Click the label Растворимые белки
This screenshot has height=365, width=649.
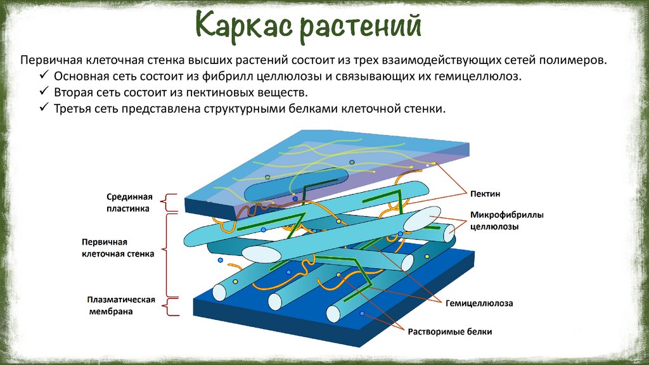450,331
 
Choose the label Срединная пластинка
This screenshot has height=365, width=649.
128,202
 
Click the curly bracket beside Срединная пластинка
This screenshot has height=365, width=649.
166,202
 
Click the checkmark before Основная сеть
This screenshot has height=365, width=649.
44,76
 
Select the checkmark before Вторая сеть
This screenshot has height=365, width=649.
44,92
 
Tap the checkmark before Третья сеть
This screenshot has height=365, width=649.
44,108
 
